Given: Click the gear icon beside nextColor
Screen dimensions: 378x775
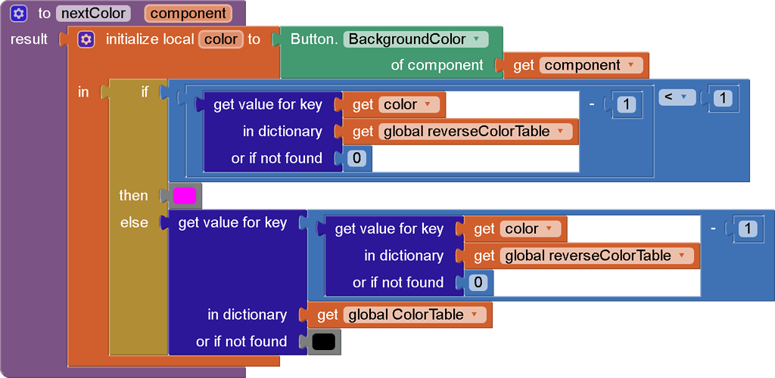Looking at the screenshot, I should click(x=20, y=13).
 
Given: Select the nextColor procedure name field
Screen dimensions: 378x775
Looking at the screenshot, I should click(x=93, y=13).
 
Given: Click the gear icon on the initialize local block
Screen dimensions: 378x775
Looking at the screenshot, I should click(x=86, y=39).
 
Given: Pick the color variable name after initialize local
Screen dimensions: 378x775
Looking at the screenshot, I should click(x=220, y=39).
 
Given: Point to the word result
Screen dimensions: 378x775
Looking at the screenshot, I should click(x=30, y=39).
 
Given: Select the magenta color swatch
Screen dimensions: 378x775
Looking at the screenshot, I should click(x=185, y=196).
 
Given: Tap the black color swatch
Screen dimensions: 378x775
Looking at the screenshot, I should click(x=323, y=342).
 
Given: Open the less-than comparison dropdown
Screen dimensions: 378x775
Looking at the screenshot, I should click(x=677, y=98).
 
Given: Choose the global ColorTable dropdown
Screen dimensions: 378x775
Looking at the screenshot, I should click(x=412, y=314).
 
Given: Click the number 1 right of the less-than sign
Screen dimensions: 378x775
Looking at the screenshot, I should click(x=722, y=98).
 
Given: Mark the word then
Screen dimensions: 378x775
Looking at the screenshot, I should click(x=133, y=196).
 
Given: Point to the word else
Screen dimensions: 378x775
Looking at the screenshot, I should click(x=134, y=222).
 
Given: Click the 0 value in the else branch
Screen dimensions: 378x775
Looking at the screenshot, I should click(x=477, y=283).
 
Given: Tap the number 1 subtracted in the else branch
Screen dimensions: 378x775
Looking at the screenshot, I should click(x=748, y=228).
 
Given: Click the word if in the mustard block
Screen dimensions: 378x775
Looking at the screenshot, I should click(x=145, y=91).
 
